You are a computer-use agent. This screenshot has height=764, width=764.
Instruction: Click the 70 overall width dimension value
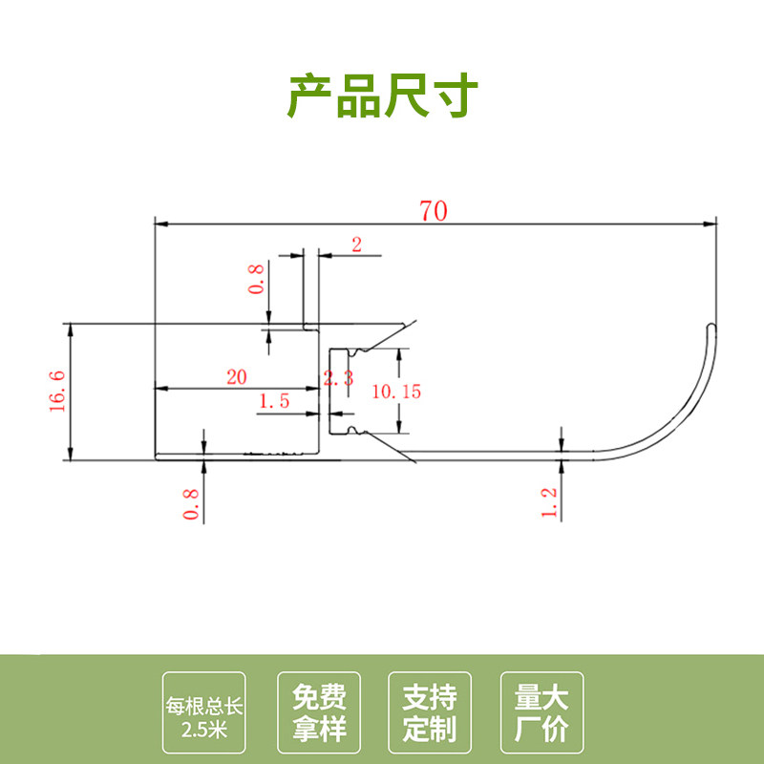coord(433,211)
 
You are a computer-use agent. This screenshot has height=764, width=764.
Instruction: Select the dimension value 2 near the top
coord(356,244)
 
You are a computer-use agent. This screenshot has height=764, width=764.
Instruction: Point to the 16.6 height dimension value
coord(56,390)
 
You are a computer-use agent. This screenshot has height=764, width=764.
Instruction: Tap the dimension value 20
coord(236,376)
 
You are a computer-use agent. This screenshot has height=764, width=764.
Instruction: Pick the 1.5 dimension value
coord(274,402)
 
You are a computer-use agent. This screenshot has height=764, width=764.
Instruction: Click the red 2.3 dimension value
coord(339,379)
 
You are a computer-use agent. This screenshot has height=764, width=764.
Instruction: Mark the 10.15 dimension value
coord(397,391)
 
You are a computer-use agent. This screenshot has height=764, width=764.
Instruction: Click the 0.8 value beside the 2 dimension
coord(256,279)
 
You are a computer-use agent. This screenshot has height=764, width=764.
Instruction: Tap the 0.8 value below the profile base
coord(190,504)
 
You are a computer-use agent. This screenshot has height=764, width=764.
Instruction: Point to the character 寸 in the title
coord(454,96)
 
